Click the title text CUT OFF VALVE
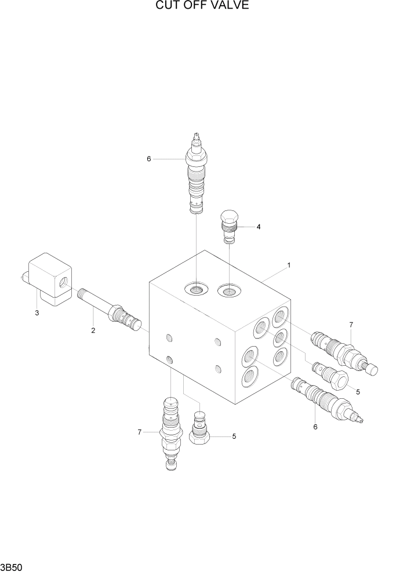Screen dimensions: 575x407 click(x=202, y=6)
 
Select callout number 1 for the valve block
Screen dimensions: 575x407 click(x=289, y=265)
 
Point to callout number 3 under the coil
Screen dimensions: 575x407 click(x=37, y=313)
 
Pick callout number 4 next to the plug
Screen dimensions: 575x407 click(x=259, y=227)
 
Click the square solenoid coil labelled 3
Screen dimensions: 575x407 click(x=50, y=280)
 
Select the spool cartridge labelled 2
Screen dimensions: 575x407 click(x=110, y=308)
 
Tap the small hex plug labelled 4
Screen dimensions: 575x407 click(x=230, y=226)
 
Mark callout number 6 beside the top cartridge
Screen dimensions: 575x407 click(x=148, y=159)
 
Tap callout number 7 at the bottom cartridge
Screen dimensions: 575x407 click(x=139, y=432)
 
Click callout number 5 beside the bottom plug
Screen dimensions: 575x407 click(x=234, y=436)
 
